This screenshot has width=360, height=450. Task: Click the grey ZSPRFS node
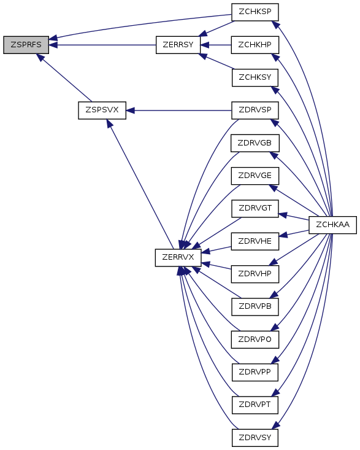(26, 45)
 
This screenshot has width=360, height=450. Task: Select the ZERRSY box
(178, 45)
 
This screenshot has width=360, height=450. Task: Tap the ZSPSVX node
(102, 111)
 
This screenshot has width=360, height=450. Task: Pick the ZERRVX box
(178, 257)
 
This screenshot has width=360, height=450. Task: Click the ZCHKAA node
(332, 225)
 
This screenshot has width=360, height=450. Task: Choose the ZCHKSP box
(255, 12)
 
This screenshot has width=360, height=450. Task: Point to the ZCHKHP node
(255, 45)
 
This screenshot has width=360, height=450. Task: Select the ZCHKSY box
(255, 77)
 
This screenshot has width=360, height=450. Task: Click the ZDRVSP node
(255, 111)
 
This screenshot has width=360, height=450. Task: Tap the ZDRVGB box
(255, 143)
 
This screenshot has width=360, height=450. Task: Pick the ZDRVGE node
(255, 176)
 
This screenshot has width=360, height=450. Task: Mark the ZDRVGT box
(255, 208)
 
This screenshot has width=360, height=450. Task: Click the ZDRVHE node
(255, 241)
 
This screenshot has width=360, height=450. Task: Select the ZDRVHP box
(255, 274)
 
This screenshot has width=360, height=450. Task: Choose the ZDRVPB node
(255, 306)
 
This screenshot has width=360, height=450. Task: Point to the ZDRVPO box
(255, 339)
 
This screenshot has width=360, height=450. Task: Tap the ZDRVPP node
(255, 372)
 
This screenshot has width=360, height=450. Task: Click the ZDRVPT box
(255, 405)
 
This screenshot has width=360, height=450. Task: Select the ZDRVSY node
(255, 438)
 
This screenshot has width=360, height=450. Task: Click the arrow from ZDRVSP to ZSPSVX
(179, 111)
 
